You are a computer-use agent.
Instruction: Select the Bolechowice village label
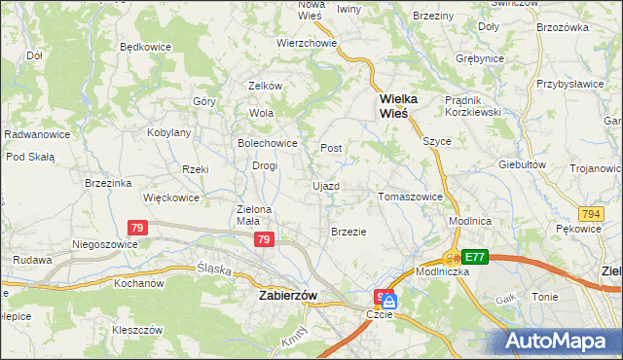pos(267,143)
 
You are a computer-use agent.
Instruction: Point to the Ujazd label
pos(326,185)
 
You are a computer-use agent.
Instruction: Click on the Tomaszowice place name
pos(410,197)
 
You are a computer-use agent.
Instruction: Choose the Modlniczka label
pos(444,271)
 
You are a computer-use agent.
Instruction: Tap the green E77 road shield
pos(475,257)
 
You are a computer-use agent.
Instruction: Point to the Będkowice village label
pos(145,46)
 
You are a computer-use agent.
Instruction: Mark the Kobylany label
pos(168,132)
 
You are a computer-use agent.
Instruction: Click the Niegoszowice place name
pos(105,244)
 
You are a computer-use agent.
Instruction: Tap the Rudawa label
pos(32,260)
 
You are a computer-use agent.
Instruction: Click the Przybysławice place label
pos(569,84)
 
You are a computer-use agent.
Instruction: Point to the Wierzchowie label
pos(307,43)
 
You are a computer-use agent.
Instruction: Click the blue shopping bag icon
pos(390,302)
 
